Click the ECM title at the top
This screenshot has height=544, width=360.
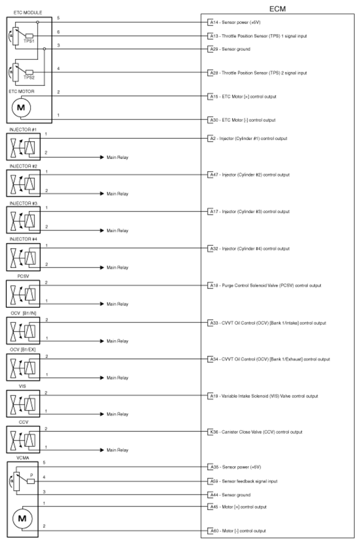277,10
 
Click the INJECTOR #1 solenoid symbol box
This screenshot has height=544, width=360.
23,149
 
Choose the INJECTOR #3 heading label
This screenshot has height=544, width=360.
23,203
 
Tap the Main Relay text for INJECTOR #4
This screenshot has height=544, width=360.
118,267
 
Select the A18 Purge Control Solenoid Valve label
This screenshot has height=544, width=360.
264,285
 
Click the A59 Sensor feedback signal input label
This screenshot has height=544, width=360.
242,481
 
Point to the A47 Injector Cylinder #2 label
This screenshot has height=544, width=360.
249,175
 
